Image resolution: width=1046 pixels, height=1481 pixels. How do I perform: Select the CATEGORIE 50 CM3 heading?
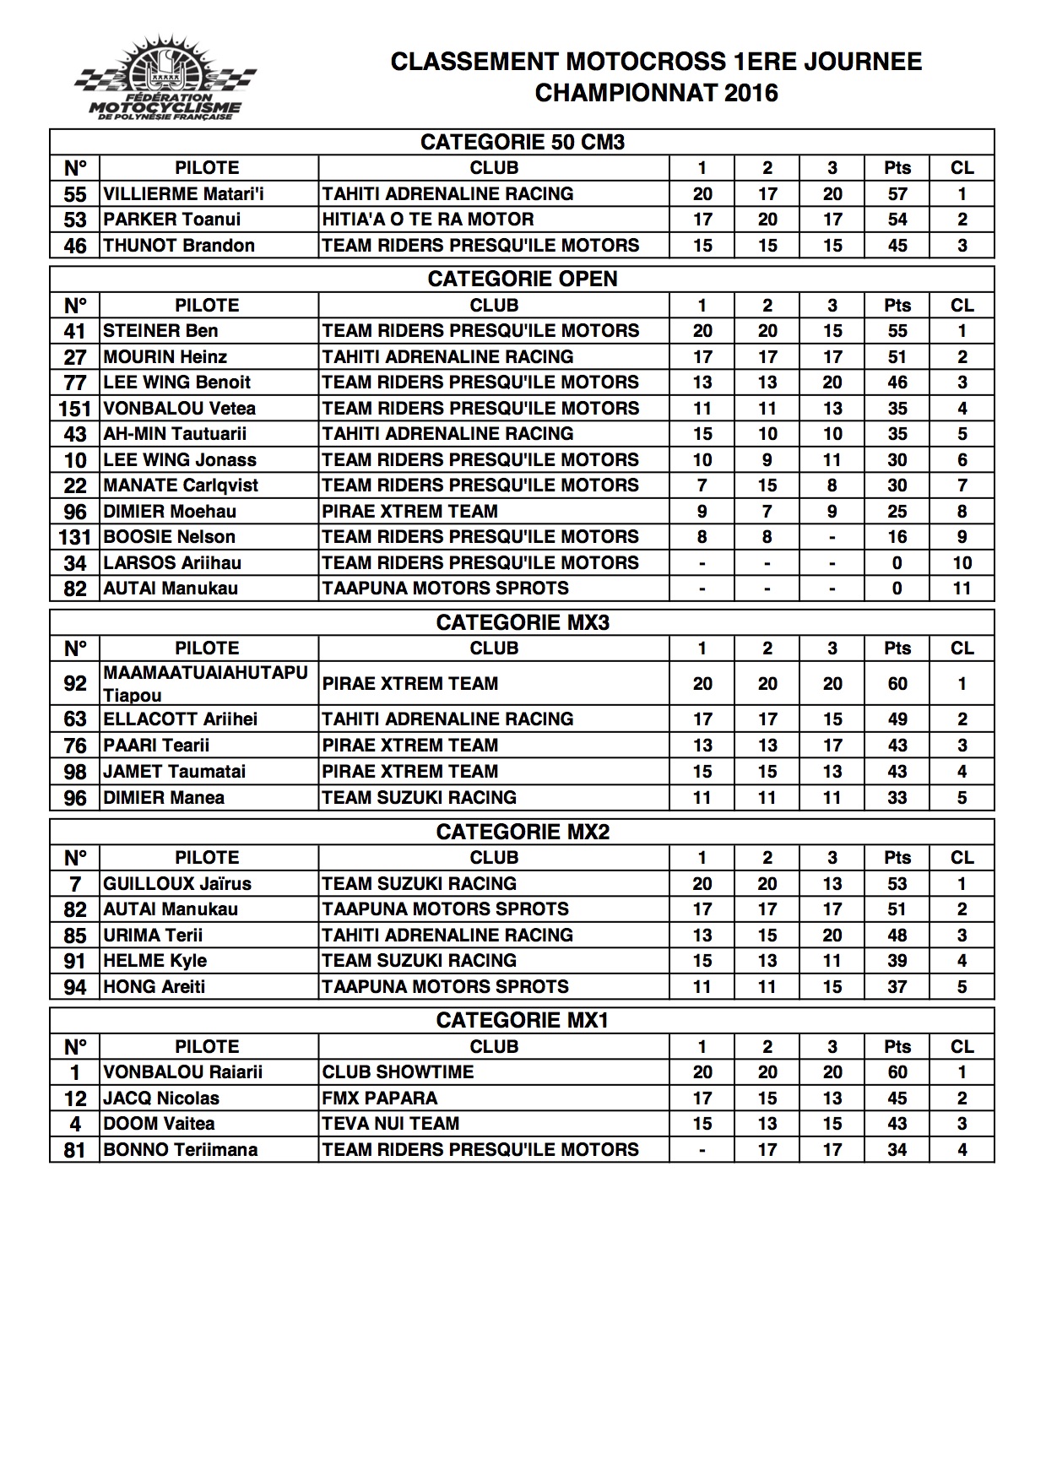click(x=522, y=142)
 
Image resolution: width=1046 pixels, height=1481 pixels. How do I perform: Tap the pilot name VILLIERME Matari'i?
click(x=183, y=194)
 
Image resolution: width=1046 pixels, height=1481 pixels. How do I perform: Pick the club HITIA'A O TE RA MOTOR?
click(x=427, y=220)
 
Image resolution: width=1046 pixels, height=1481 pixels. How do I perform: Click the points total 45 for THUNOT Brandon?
click(x=897, y=246)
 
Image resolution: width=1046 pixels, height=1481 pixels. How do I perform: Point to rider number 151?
click(x=74, y=409)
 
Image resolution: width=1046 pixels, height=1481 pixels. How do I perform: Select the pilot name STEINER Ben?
click(x=160, y=331)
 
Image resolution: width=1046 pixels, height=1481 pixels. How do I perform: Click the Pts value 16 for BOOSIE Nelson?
click(x=897, y=537)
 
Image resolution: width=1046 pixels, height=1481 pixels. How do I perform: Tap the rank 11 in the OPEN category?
click(x=962, y=589)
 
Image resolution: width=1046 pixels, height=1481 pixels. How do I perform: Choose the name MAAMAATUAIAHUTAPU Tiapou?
click(x=205, y=684)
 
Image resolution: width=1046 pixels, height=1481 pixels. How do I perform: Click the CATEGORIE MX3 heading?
click(x=522, y=623)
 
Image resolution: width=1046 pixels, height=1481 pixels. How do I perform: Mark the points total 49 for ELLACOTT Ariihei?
click(x=897, y=719)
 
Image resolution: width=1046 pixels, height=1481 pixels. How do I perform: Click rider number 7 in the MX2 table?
click(x=74, y=884)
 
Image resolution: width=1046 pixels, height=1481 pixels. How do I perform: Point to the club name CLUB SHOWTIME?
click(x=398, y=1072)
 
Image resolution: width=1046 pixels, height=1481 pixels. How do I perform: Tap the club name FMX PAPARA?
click(x=379, y=1099)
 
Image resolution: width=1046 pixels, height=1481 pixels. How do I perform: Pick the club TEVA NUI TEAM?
click(x=390, y=1124)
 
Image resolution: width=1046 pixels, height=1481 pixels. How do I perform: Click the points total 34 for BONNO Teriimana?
click(x=897, y=1150)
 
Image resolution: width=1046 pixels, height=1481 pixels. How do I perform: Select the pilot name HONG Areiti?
click(x=154, y=987)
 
